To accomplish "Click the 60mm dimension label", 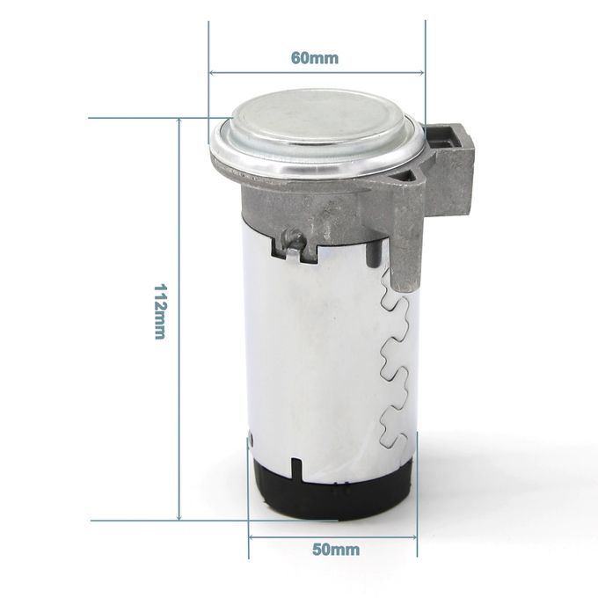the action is (x=315, y=58).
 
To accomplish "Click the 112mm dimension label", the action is (x=159, y=311).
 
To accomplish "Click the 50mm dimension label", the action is (x=336, y=550).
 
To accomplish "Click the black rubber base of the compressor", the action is (x=332, y=488).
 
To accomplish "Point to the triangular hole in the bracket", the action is (x=406, y=175).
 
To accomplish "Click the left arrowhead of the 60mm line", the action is (x=212, y=72).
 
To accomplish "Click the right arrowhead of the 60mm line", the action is (x=421, y=72).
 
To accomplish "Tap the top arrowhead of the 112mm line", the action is (x=179, y=121).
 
